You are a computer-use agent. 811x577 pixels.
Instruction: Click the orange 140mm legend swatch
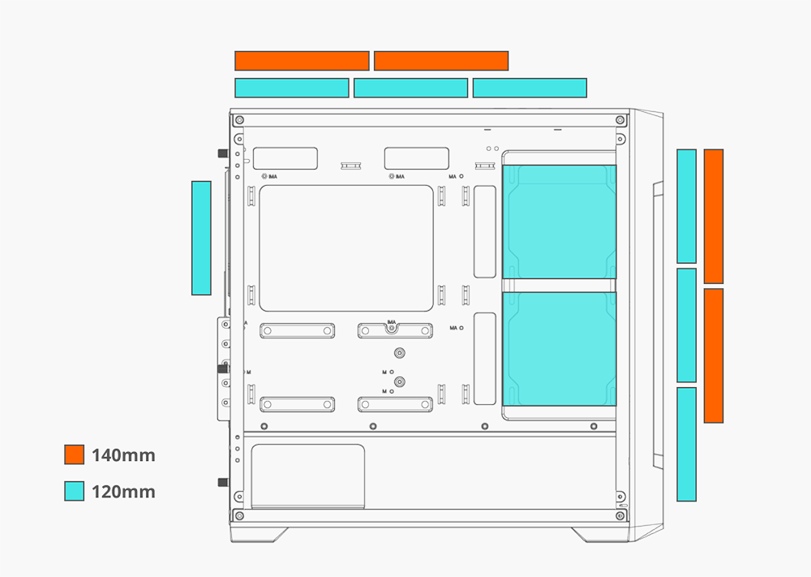click(75, 454)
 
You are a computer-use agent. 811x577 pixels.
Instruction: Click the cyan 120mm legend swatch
click(75, 491)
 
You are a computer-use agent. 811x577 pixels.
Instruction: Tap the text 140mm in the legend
click(123, 455)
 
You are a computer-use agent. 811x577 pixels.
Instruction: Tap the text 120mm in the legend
click(123, 492)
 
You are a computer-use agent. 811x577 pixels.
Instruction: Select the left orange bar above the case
click(302, 61)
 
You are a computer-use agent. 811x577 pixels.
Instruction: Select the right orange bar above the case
click(441, 61)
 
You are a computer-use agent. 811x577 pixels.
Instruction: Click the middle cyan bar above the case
click(411, 88)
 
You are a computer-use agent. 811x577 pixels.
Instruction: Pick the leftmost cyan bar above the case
click(292, 88)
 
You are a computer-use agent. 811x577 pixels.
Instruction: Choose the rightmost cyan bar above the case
click(530, 88)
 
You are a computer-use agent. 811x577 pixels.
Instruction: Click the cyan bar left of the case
click(201, 238)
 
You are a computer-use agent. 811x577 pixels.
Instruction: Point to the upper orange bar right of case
click(714, 216)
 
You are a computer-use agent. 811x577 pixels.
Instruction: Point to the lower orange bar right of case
click(714, 355)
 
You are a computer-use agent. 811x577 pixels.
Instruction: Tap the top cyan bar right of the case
click(686, 206)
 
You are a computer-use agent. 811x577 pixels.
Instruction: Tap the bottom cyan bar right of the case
click(686, 444)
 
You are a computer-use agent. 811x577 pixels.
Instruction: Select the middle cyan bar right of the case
click(686, 325)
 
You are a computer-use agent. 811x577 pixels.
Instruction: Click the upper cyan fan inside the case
click(559, 222)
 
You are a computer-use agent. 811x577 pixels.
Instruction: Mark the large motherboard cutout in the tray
click(345, 248)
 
